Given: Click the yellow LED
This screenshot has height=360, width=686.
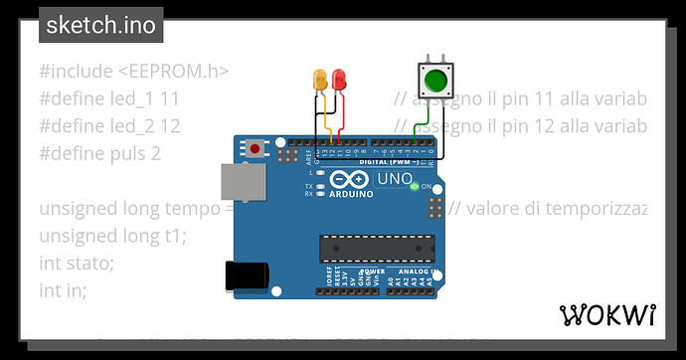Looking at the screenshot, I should (320, 79).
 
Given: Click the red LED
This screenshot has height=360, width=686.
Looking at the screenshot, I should (340, 79).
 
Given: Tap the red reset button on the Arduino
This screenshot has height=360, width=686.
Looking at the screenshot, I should (256, 149).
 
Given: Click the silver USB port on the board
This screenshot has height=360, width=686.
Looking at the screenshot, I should (240, 186).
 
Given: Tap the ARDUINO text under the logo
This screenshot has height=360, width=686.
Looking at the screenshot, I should (345, 195).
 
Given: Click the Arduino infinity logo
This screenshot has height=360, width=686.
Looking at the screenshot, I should (345, 179).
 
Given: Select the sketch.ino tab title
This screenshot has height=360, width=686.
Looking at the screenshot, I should (100, 26).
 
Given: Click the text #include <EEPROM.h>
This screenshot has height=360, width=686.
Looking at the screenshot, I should (134, 72).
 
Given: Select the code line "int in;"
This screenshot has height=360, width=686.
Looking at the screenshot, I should (63, 290).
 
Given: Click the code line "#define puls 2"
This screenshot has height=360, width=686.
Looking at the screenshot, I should (99, 154).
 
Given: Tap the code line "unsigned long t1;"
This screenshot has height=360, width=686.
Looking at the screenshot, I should (112, 236).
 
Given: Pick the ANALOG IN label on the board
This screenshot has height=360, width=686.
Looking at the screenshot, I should (404, 270).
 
